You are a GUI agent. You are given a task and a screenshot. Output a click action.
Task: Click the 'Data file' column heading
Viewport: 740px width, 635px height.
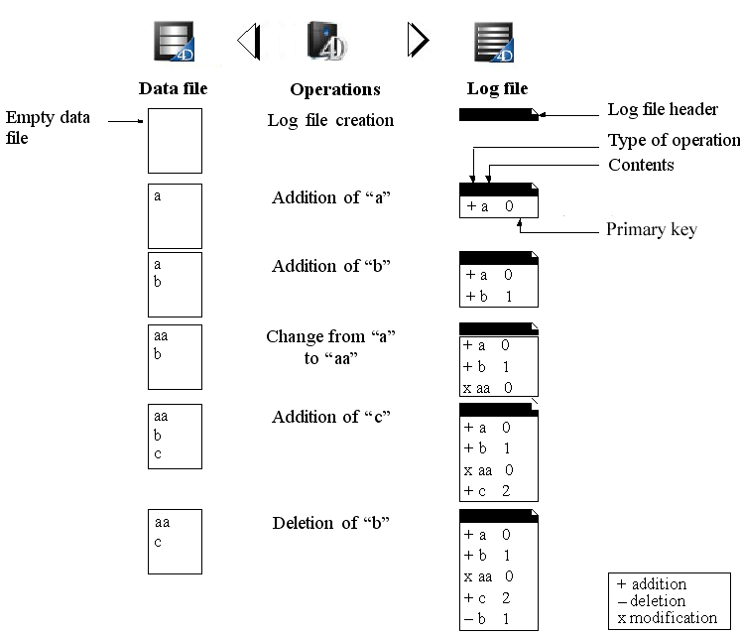tap(173, 89)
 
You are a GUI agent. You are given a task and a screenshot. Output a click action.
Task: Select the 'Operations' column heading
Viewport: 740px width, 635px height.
tap(335, 89)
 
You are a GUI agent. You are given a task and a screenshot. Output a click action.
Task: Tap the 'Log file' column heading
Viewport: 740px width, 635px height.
tap(497, 89)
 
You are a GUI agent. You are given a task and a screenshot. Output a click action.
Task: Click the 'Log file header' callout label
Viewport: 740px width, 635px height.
tap(663, 109)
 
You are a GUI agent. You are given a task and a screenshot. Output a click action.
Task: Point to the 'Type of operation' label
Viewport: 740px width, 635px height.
tap(674, 140)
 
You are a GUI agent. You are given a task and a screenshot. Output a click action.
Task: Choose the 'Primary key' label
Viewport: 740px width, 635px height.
tap(651, 229)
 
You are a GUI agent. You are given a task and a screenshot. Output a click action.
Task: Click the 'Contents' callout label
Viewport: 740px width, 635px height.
tap(641, 165)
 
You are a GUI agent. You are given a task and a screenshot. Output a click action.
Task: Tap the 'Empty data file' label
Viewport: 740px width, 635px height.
tap(47, 128)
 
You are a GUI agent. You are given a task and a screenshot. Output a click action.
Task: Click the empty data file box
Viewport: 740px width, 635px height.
tap(175, 141)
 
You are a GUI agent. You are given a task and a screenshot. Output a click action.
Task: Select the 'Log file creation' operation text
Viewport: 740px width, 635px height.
tap(330, 120)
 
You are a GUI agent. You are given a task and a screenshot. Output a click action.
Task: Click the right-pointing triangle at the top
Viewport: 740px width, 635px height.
tap(419, 40)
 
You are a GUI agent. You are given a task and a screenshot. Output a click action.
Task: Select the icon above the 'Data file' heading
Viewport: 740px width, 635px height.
tap(174, 41)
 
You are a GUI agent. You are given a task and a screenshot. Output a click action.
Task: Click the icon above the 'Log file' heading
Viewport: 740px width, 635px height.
tap(494, 41)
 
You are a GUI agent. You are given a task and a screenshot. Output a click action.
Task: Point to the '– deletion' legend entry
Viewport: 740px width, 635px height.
tap(652, 600)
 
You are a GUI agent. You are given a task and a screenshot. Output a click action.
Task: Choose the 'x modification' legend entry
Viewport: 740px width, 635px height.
tap(667, 617)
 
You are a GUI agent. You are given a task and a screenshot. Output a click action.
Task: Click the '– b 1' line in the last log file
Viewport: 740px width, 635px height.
tap(487, 619)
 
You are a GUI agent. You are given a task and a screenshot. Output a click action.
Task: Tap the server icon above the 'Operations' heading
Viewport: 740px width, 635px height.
tap(328, 41)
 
